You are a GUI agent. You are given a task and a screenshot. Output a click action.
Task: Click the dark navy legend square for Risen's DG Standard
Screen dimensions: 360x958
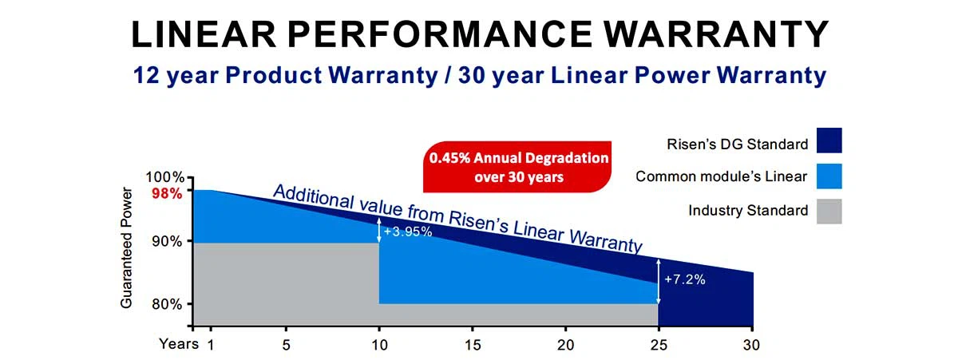click(x=829, y=140)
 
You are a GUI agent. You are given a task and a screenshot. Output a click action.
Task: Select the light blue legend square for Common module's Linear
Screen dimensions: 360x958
click(x=829, y=176)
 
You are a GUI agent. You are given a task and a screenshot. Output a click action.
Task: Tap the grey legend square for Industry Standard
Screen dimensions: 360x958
click(x=829, y=211)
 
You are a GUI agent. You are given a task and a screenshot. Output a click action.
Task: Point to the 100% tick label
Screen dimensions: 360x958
click(x=167, y=177)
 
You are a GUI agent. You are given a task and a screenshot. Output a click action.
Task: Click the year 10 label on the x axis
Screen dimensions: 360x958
click(x=379, y=346)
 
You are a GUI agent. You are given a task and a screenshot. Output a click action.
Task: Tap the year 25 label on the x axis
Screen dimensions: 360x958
click(x=659, y=346)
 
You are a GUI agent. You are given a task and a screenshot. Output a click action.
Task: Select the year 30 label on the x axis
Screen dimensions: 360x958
click(x=752, y=346)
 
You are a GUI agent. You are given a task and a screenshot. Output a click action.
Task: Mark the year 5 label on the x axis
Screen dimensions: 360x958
click(x=286, y=346)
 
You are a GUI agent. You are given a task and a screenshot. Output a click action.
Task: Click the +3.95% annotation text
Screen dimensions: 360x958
click(x=408, y=232)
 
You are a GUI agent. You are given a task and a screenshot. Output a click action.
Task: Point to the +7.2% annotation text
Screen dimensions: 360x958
click(x=685, y=280)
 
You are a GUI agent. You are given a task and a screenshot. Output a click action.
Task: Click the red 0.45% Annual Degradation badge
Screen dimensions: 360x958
click(x=518, y=167)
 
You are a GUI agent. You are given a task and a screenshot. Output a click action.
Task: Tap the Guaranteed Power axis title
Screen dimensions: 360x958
click(x=126, y=247)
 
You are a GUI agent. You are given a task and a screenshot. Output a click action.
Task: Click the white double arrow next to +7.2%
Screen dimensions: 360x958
click(x=659, y=281)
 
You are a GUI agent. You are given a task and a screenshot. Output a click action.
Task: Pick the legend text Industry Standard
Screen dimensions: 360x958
click(x=748, y=212)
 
